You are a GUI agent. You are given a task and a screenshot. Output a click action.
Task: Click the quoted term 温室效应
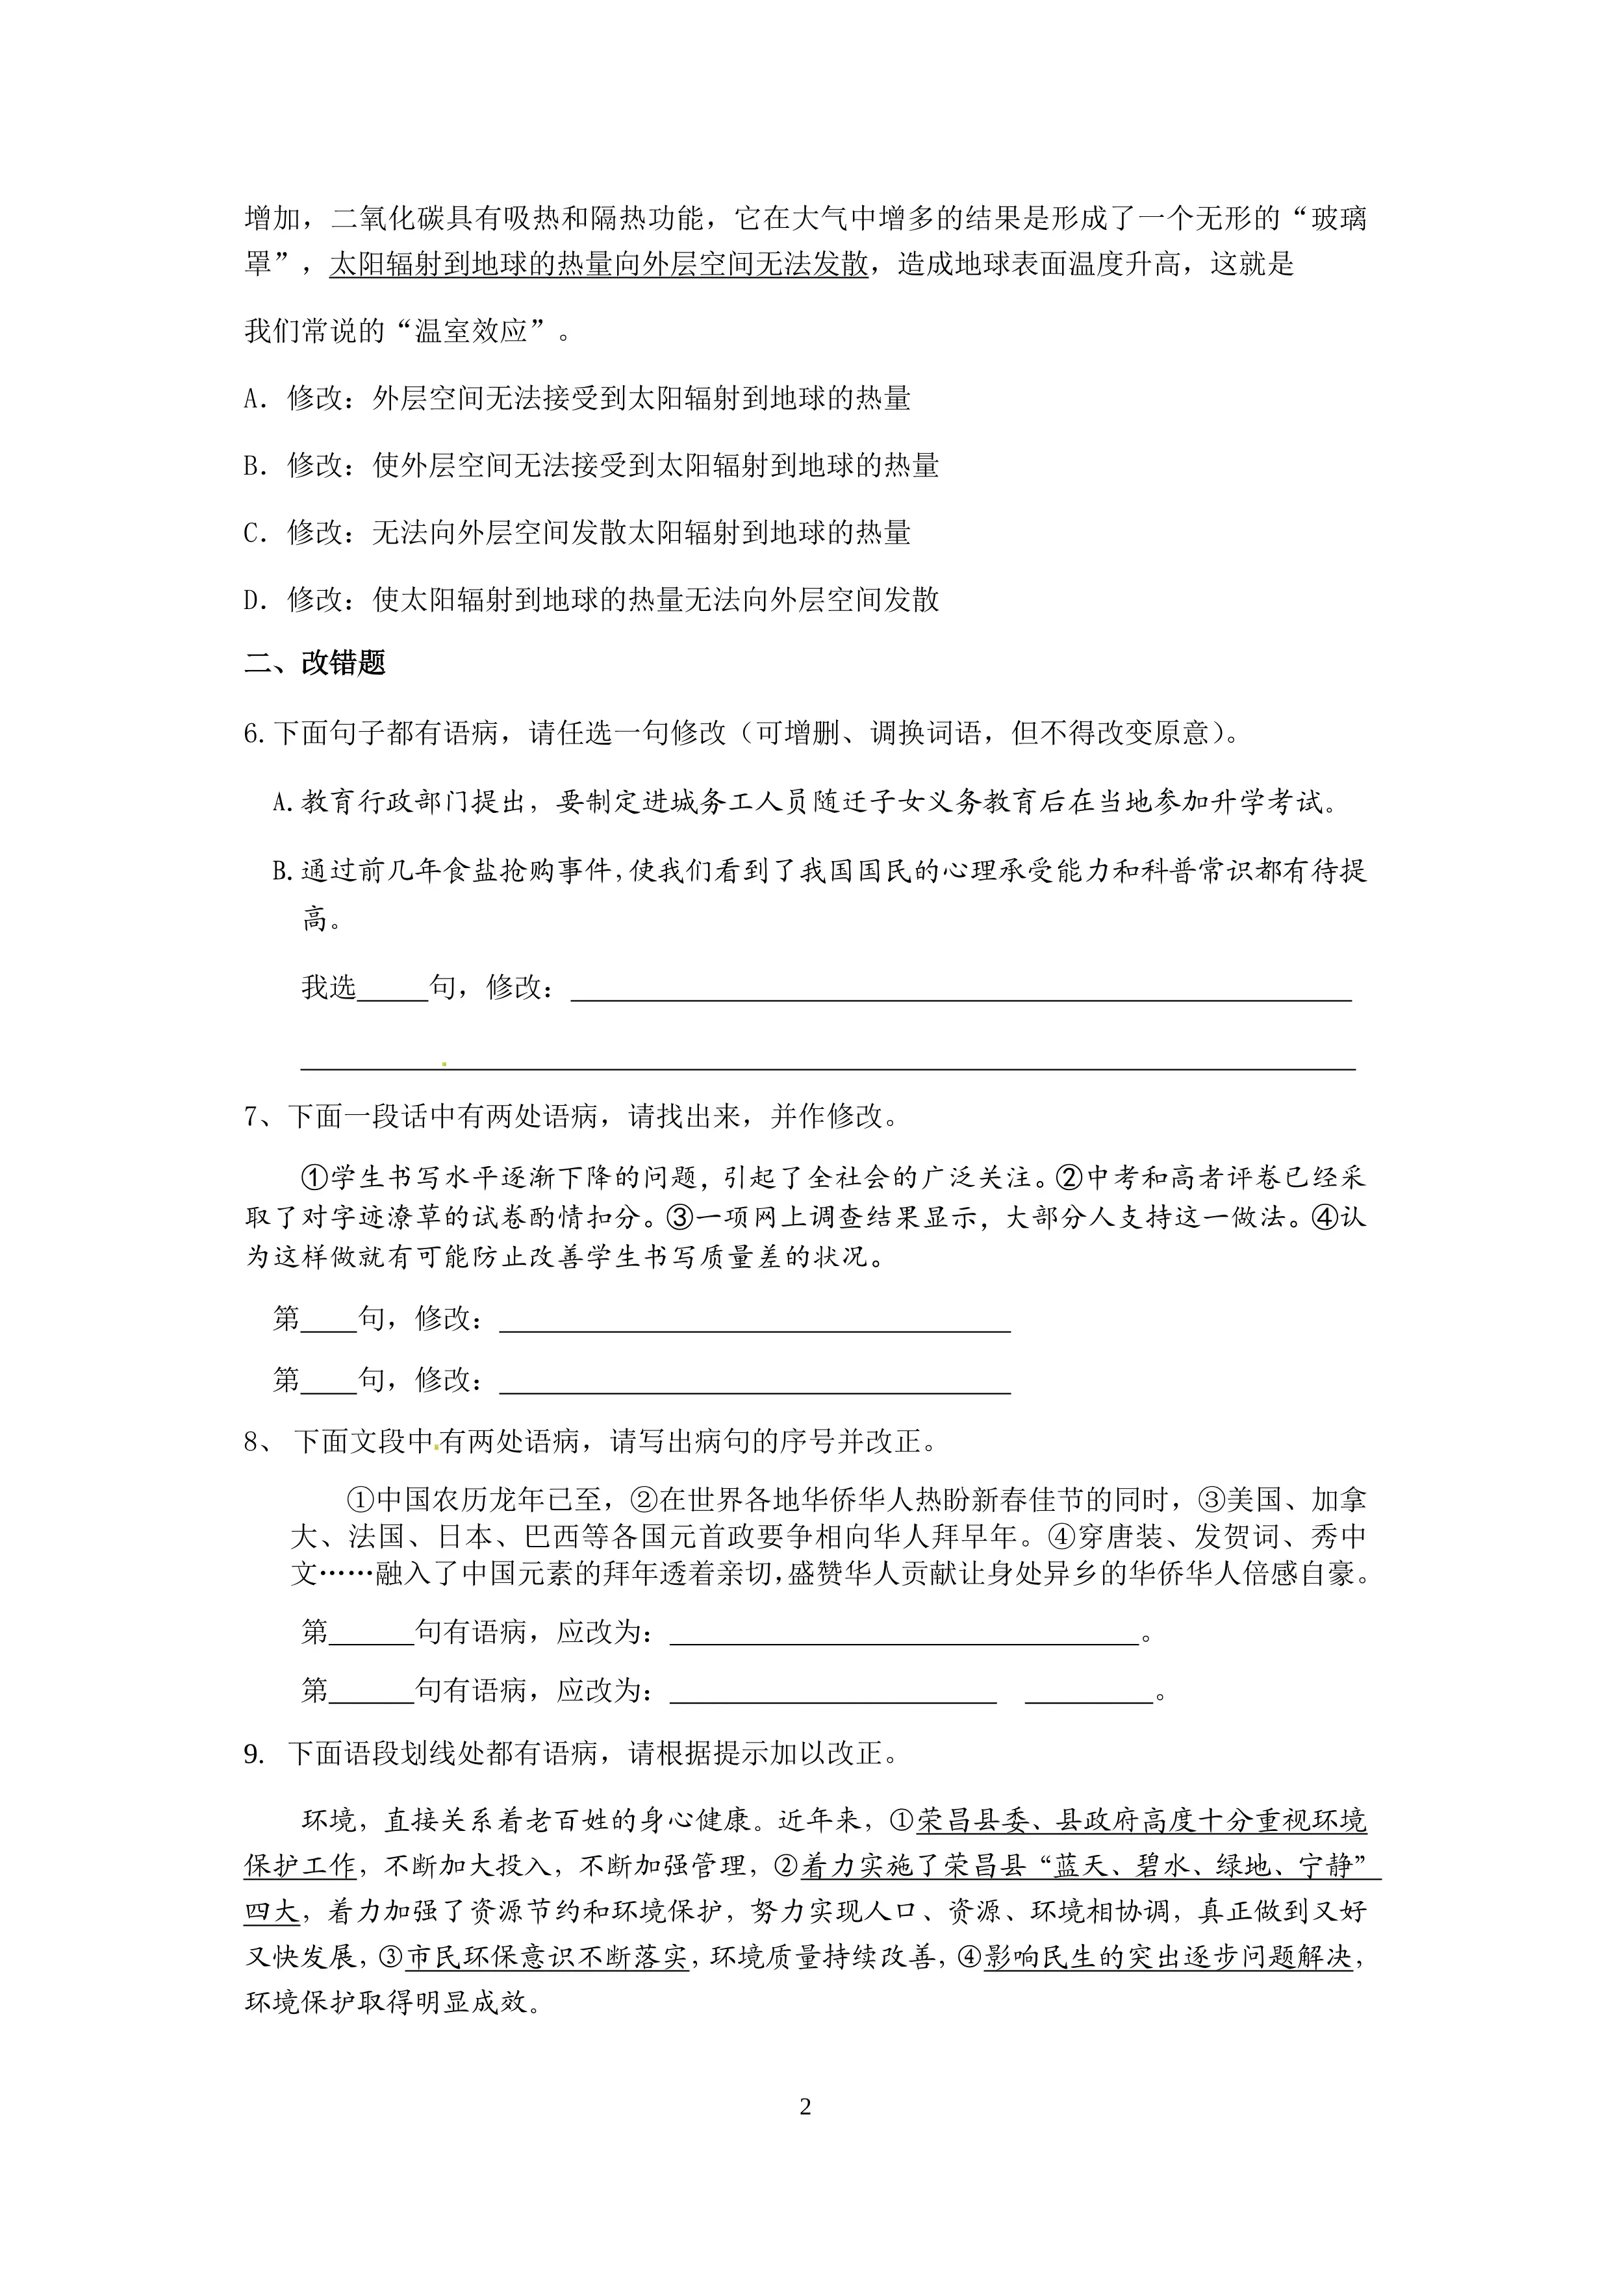(x=470, y=331)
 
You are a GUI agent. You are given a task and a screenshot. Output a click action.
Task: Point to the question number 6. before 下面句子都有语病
(x=254, y=733)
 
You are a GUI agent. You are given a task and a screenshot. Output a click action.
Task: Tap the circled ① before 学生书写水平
(x=314, y=1177)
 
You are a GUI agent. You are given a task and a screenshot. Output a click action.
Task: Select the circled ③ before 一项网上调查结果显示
(x=679, y=1218)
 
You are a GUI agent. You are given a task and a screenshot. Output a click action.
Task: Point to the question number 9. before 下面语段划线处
(x=254, y=1754)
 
